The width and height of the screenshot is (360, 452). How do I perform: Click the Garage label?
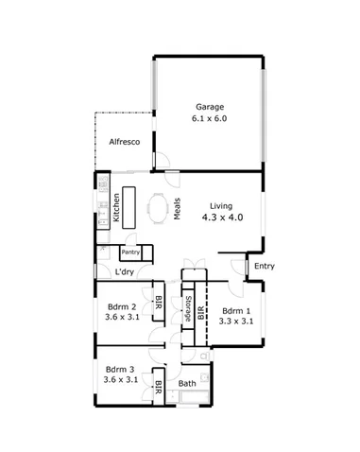coord(210,107)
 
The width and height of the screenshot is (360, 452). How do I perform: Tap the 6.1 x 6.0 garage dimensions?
coord(210,120)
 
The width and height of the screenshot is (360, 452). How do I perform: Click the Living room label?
coord(221,206)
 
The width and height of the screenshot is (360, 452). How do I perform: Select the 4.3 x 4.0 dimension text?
coord(222,218)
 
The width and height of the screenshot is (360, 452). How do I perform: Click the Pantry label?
coord(131,252)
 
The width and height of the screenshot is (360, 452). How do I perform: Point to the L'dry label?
coord(124,272)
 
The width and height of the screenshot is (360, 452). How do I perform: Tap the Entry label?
coord(264,267)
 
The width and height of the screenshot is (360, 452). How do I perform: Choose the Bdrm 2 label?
coord(122,306)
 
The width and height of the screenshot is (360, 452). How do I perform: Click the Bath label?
coord(187,385)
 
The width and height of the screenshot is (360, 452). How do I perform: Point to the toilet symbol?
coord(203,358)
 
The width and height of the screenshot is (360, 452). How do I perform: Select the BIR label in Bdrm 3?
coord(158,388)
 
